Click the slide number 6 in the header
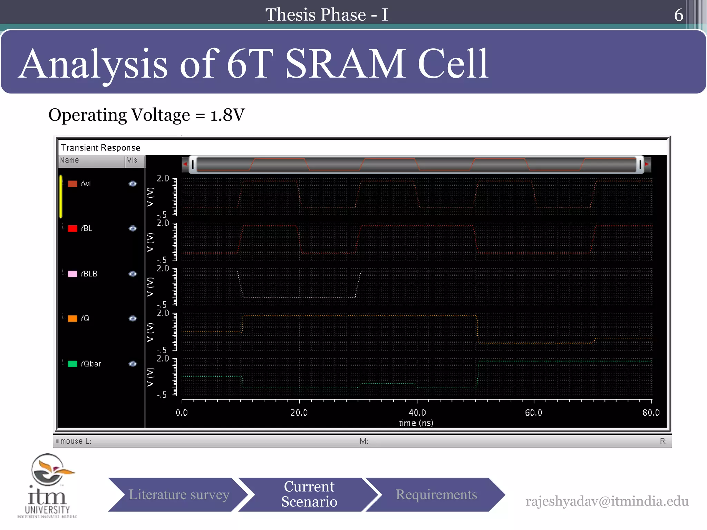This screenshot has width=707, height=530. [678, 15]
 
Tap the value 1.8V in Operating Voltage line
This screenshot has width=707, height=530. [227, 115]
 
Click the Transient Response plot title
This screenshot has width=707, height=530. [100, 148]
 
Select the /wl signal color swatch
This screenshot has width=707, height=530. [72, 184]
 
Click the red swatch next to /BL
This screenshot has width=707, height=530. [72, 228]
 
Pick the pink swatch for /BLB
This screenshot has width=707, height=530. [72, 274]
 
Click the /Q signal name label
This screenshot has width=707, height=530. [85, 318]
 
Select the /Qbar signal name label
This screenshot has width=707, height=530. [91, 364]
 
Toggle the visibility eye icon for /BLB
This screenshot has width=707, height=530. [133, 274]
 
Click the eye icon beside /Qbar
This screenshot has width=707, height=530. [133, 364]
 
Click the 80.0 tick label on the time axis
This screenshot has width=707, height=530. [651, 412]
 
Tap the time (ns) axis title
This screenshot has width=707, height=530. [416, 423]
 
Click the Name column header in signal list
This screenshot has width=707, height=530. [69, 160]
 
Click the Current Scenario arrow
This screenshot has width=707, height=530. [309, 494]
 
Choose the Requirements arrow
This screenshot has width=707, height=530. [436, 494]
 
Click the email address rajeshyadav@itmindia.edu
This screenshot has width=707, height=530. [607, 501]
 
